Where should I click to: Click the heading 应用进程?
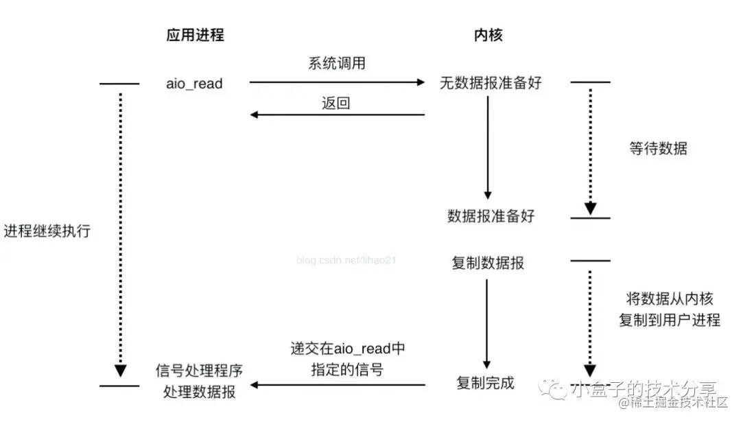point(195,35)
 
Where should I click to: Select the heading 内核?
point(488,35)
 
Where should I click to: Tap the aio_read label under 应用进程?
point(195,83)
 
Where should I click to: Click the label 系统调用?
point(336,64)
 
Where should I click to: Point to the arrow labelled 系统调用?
point(337,82)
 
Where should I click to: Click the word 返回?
point(336,104)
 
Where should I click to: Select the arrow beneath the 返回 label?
point(337,115)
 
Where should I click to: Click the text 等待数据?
point(657,148)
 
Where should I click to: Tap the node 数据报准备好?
point(491,216)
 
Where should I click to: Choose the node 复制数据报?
point(489,263)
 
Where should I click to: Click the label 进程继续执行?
point(47,231)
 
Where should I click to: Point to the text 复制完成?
point(485,383)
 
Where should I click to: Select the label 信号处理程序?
point(199,371)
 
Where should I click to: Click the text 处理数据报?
point(199,393)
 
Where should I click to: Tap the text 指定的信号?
point(348,370)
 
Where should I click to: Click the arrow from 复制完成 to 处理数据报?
point(337,386)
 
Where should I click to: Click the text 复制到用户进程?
point(670,320)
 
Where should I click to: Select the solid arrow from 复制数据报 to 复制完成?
point(486,323)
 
